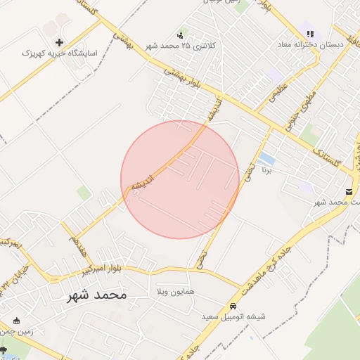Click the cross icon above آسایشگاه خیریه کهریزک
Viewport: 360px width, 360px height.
point(59,43)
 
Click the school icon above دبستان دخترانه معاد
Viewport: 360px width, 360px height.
point(310,33)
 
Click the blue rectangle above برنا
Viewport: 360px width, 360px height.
point(266,159)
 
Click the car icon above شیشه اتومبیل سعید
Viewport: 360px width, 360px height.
point(232,307)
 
